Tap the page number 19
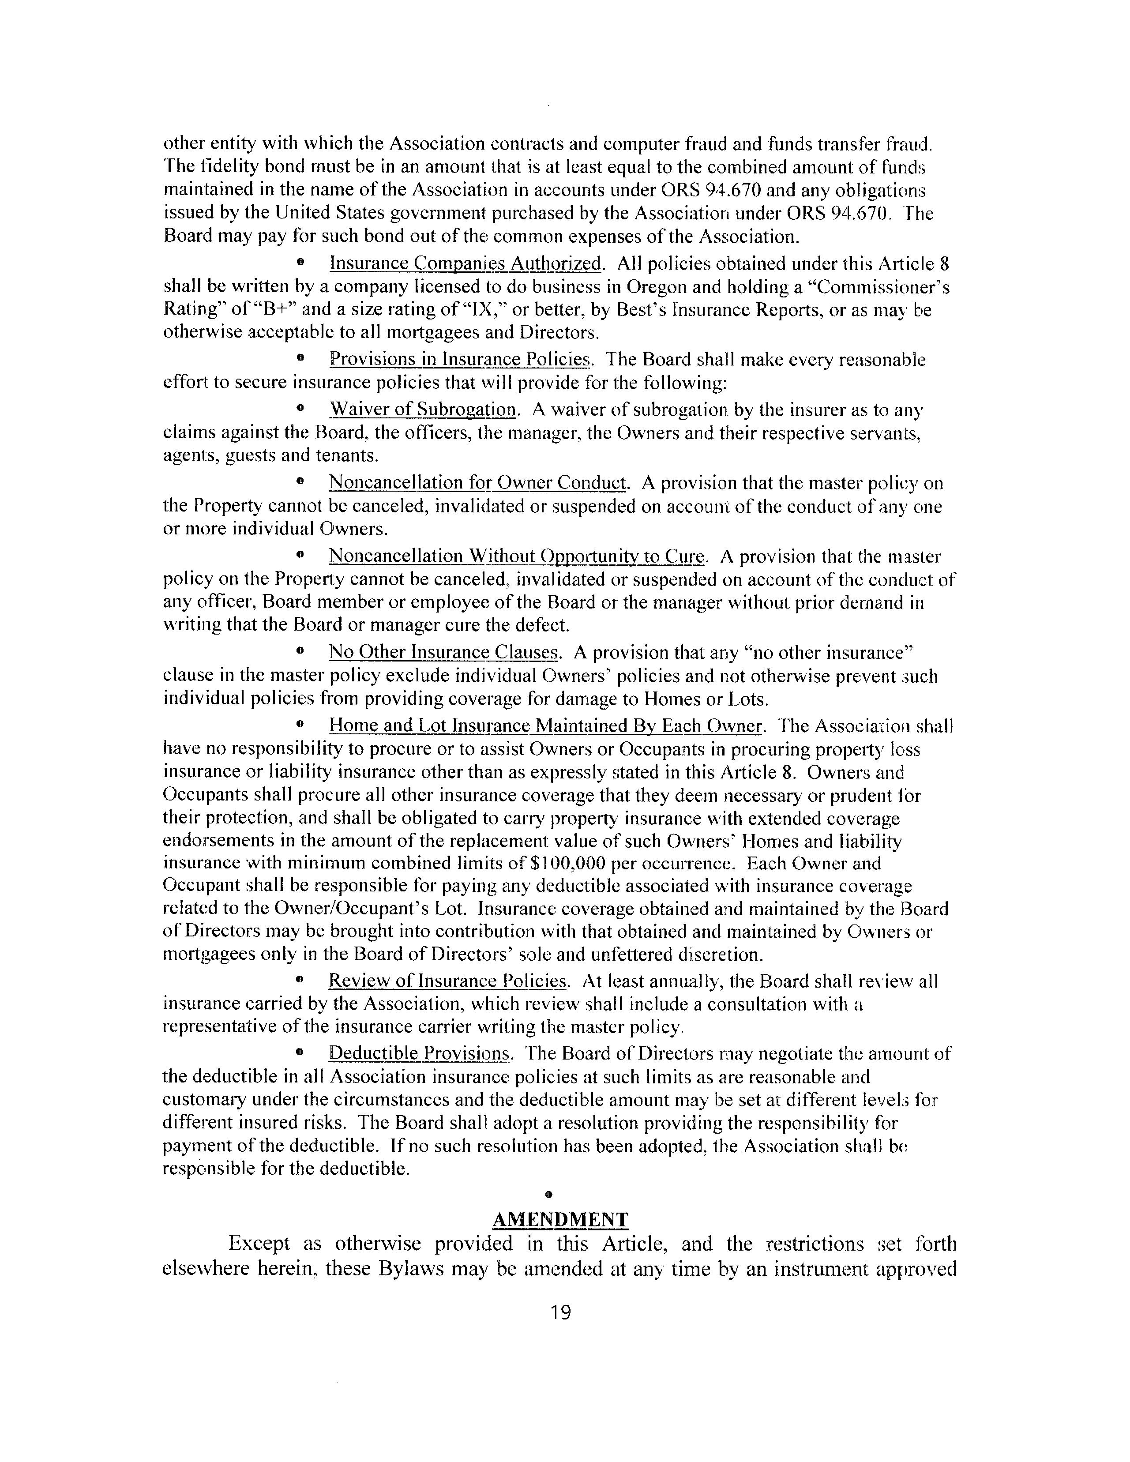pos(560,1313)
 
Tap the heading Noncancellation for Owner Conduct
pos(478,483)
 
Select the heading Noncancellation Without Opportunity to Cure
pos(517,556)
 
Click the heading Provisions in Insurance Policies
pos(461,360)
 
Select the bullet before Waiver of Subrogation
pos(300,408)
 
